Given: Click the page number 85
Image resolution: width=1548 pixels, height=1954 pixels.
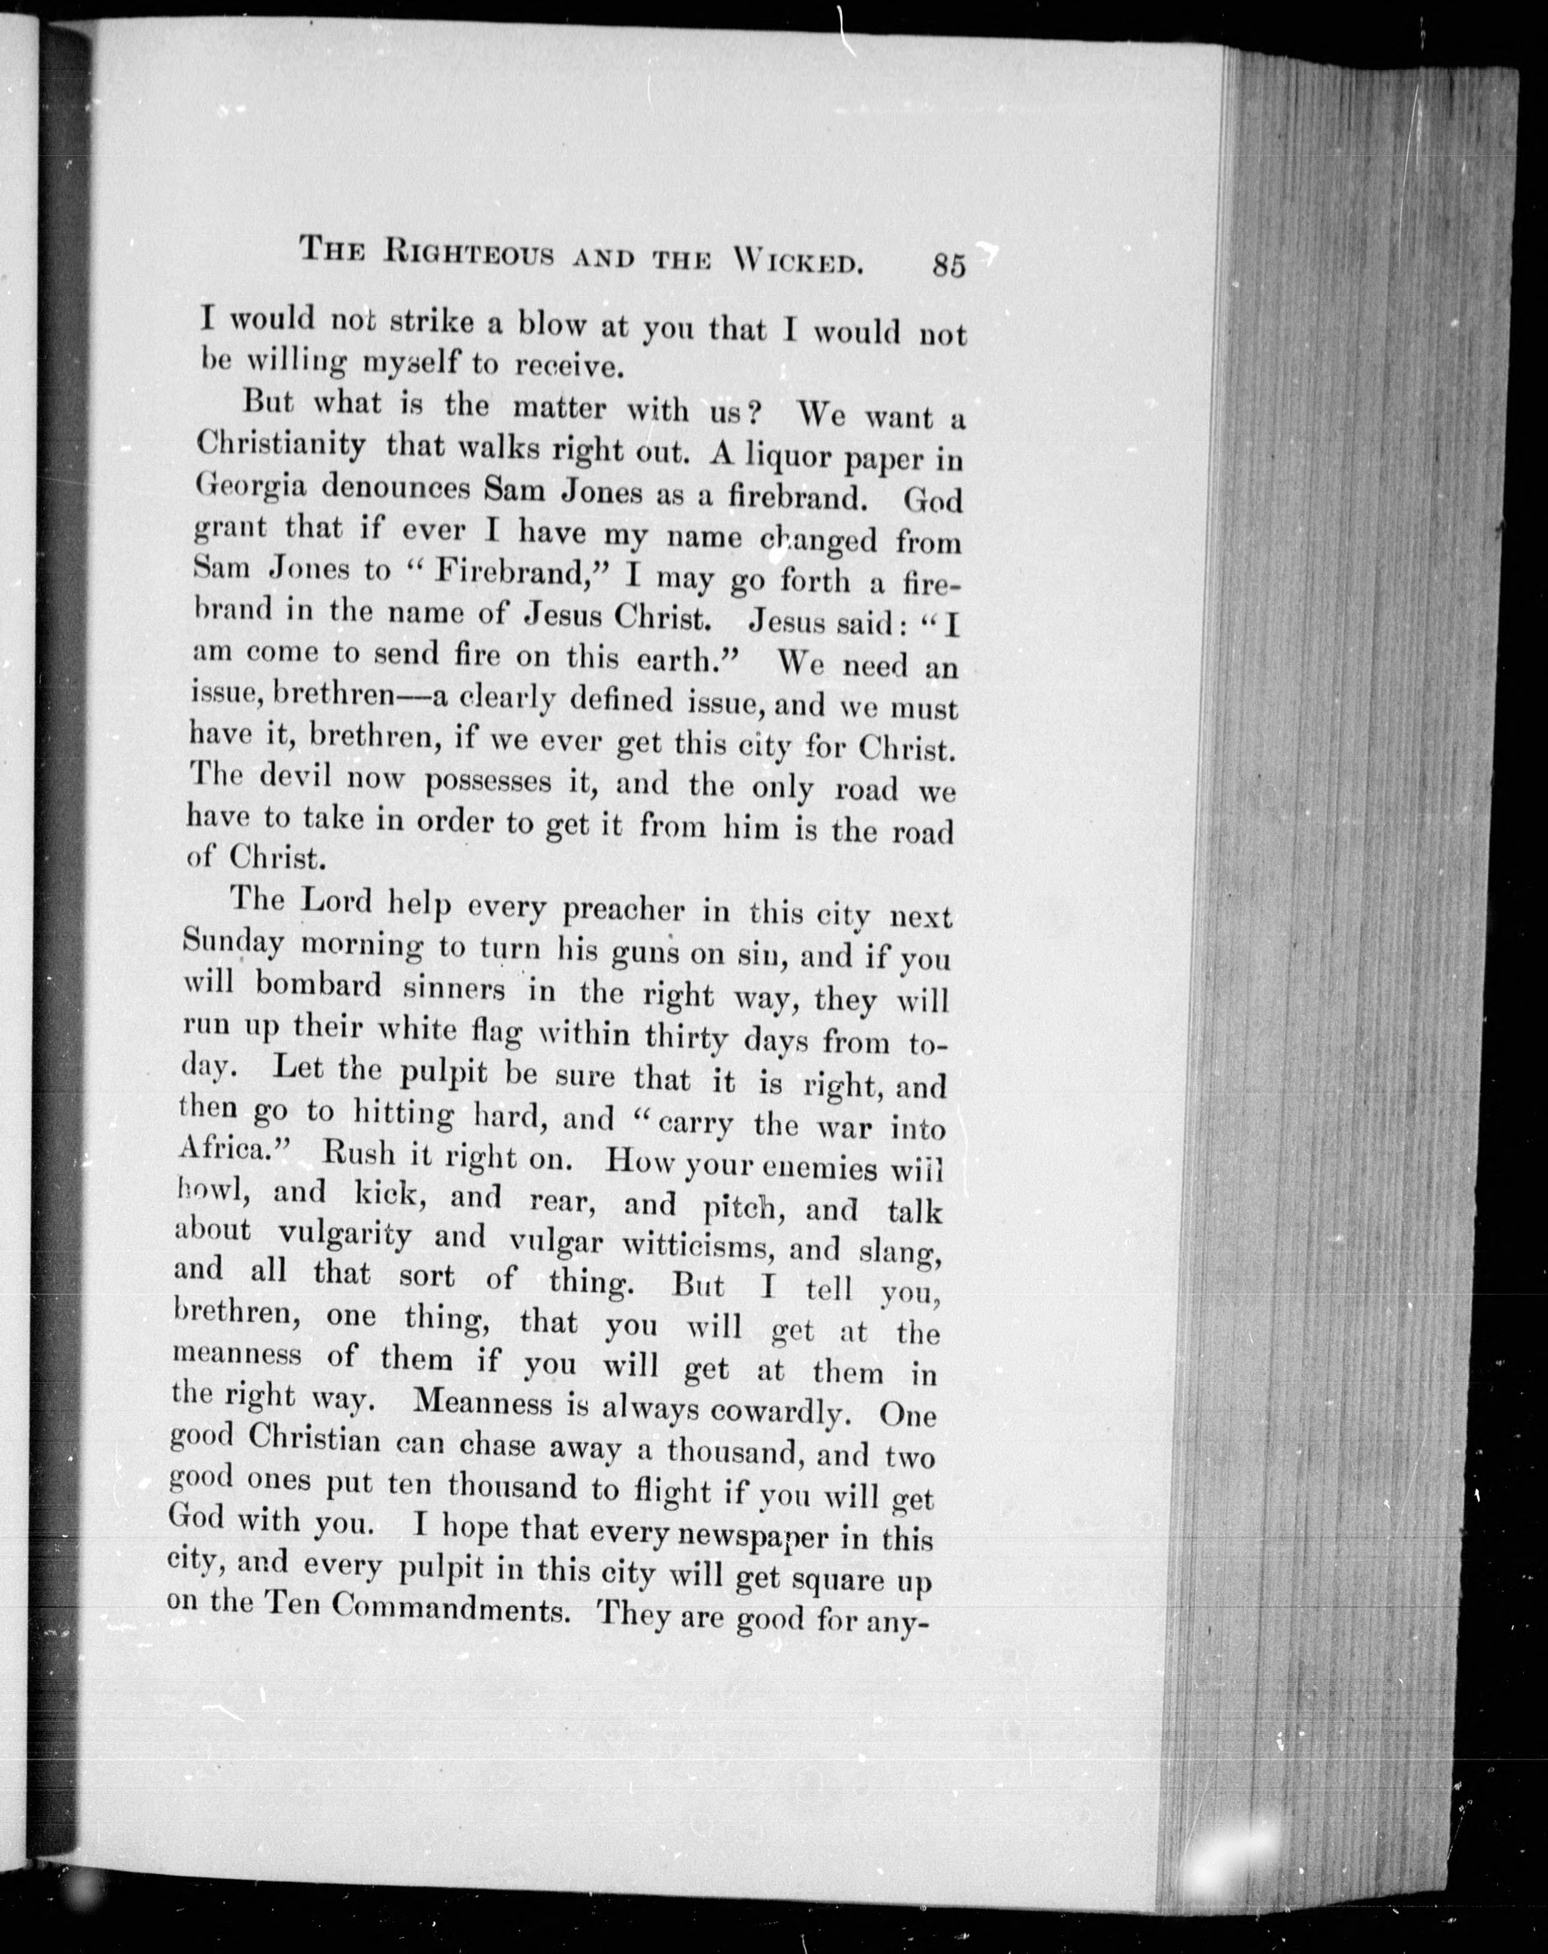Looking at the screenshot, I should coord(947,265).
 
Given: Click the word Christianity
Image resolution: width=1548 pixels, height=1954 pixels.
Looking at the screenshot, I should coord(282,445).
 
